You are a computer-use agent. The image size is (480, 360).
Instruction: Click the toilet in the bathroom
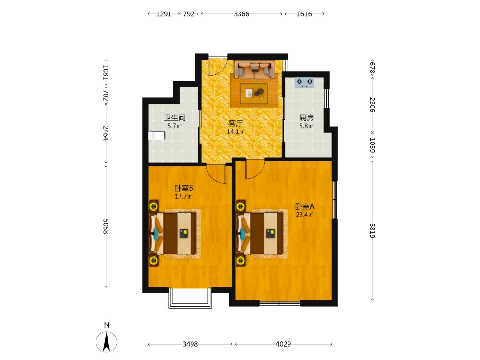[156, 135]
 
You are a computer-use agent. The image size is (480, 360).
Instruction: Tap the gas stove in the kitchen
[305, 83]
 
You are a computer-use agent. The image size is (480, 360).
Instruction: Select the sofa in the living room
[254, 70]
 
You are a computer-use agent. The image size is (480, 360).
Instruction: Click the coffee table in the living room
[254, 94]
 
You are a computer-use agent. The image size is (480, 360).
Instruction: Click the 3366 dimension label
[241, 14]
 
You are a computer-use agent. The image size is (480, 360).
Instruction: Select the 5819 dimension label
[372, 230]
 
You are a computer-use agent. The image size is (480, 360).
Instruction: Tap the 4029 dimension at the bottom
[283, 344]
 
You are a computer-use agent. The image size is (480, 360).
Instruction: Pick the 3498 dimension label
[190, 344]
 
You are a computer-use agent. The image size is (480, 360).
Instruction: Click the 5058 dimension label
[106, 227]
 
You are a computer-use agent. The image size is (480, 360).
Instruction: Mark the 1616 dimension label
[304, 14]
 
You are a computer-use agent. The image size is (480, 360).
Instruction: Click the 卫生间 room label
[175, 118]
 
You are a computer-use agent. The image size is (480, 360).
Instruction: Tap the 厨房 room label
[306, 118]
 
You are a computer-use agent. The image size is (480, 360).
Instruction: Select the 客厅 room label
[236, 123]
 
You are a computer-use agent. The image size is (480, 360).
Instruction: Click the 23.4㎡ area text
[305, 215]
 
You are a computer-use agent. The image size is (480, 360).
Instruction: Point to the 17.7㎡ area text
[184, 196]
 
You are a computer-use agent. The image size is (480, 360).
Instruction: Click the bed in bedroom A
[259, 234]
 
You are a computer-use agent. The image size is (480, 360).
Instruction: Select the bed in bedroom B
[172, 234]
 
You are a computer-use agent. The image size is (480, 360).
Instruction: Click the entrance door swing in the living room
[217, 66]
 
